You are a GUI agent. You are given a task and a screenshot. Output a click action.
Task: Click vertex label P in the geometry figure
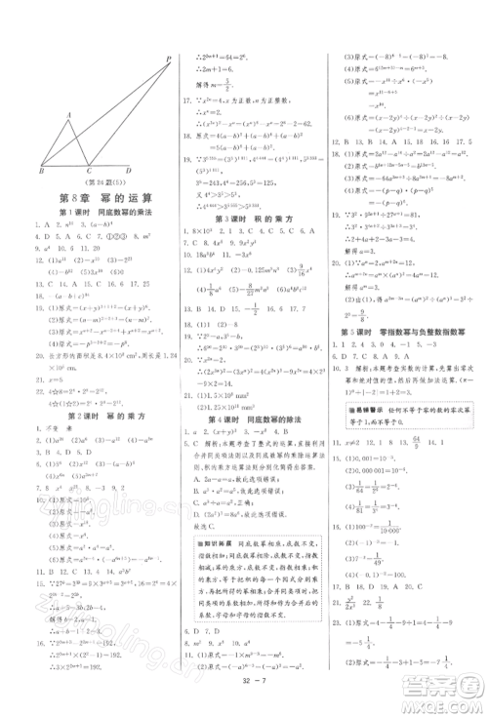[168, 59]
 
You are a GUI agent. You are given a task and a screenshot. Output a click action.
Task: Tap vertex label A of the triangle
[68, 113]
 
